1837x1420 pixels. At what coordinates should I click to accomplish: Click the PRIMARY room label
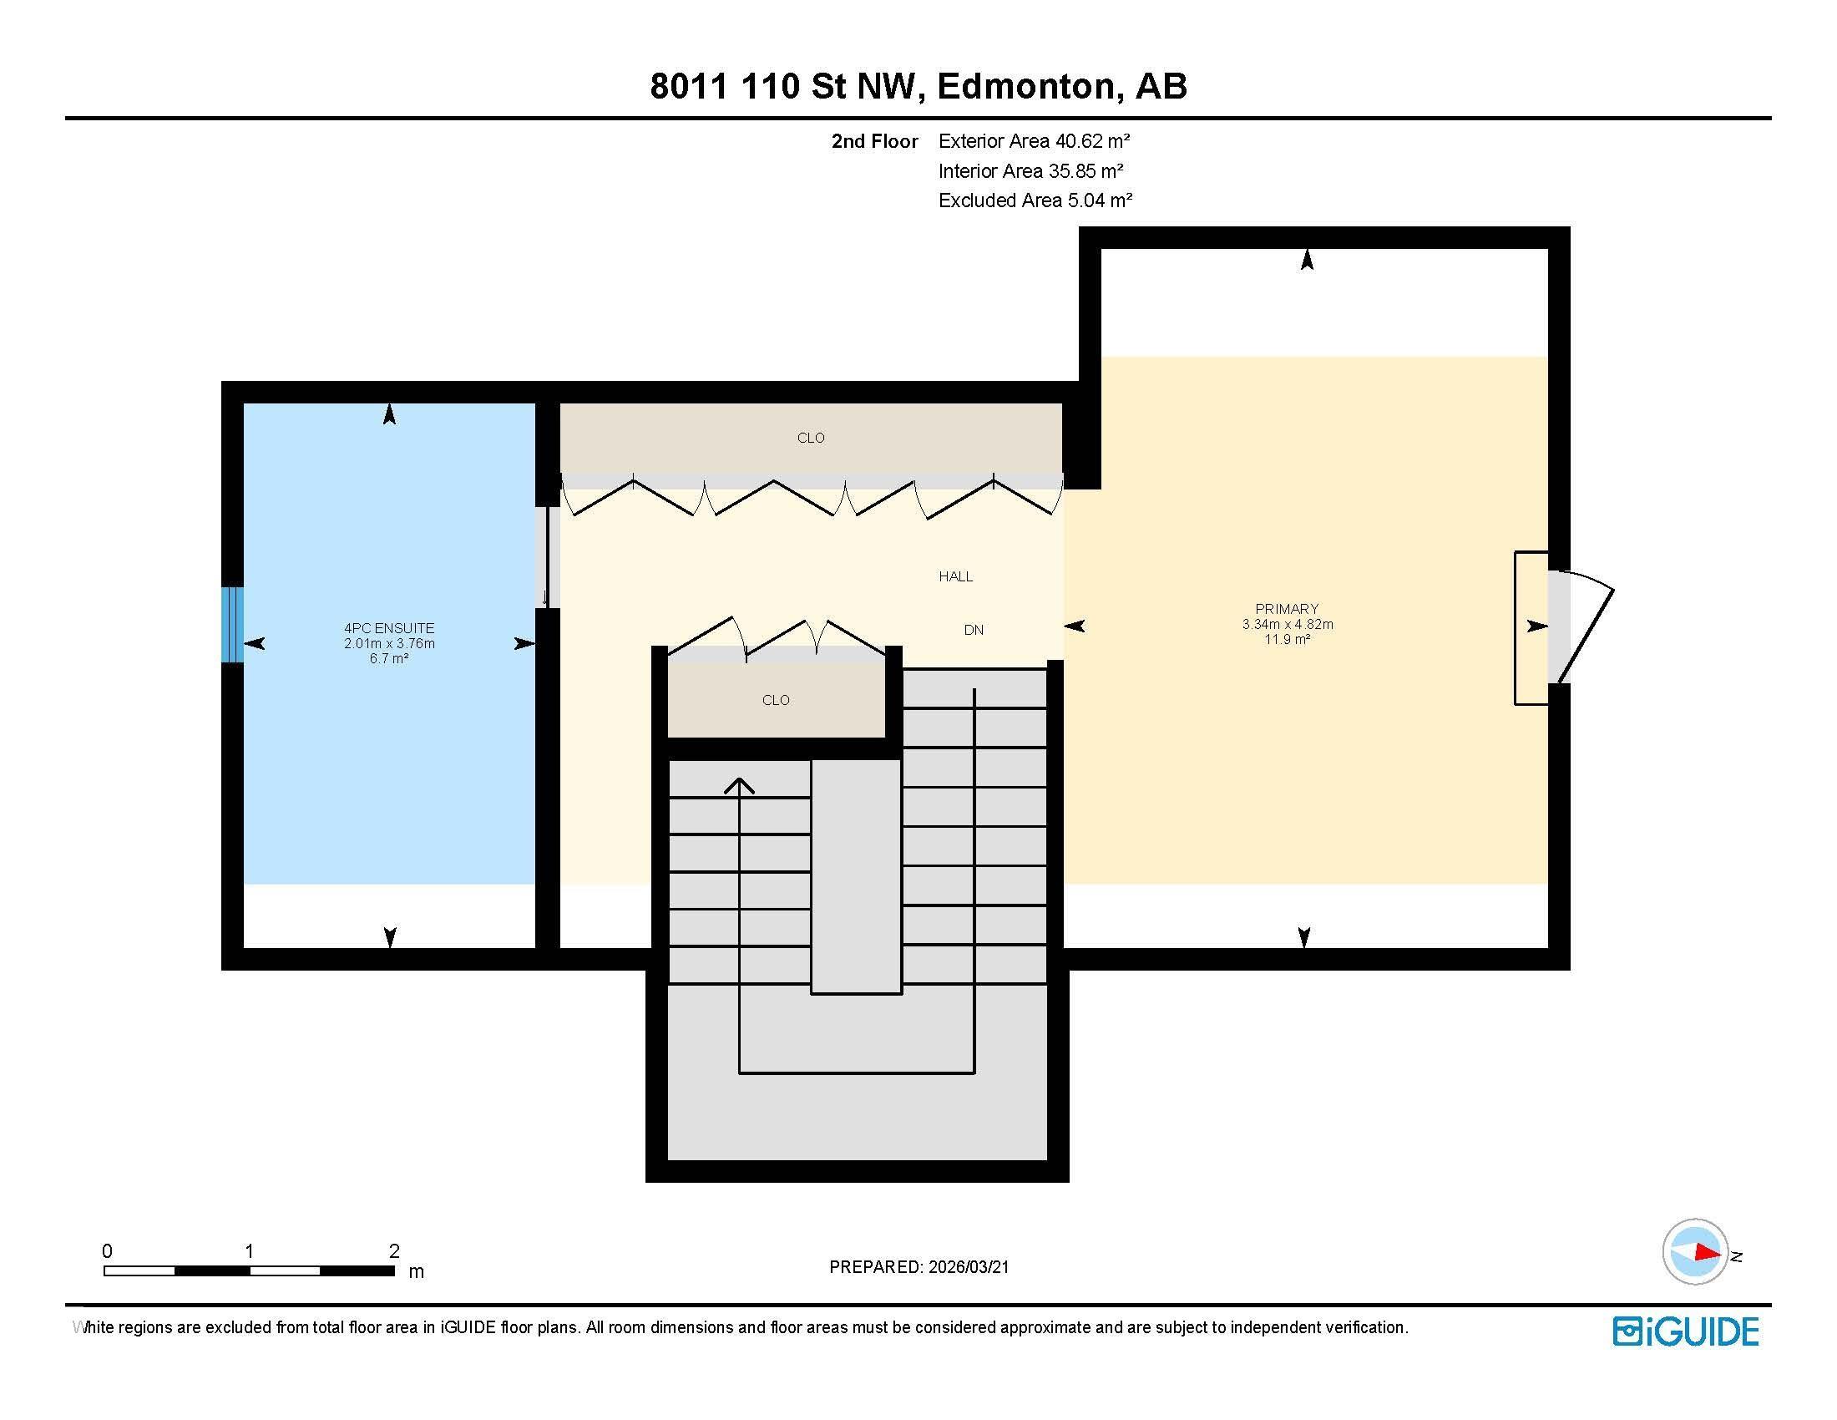pyautogui.click(x=1287, y=608)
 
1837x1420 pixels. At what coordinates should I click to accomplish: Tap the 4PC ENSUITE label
pyautogui.click(x=388, y=627)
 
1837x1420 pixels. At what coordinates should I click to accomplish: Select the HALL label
pyautogui.click(x=955, y=576)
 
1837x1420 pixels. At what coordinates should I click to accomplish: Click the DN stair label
pyautogui.click(x=973, y=630)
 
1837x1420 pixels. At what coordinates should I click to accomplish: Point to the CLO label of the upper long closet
pyautogui.click(x=811, y=438)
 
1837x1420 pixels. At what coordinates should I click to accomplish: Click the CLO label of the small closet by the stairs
pyautogui.click(x=776, y=700)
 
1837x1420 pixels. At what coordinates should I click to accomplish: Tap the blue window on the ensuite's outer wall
pyautogui.click(x=233, y=624)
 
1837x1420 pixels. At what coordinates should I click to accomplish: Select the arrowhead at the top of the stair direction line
pyautogui.click(x=739, y=786)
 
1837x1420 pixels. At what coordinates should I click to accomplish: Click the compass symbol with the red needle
pyautogui.click(x=1696, y=1252)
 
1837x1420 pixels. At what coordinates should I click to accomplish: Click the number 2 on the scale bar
pyautogui.click(x=393, y=1251)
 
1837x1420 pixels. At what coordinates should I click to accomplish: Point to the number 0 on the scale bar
pyautogui.click(x=107, y=1251)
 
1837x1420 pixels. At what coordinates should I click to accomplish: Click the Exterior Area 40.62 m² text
pyautogui.click(x=1034, y=141)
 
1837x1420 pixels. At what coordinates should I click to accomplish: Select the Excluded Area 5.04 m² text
pyautogui.click(x=1035, y=200)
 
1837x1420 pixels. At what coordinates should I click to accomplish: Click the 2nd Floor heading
pyautogui.click(x=874, y=141)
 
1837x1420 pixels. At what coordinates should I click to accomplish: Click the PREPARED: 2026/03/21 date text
pyautogui.click(x=918, y=1267)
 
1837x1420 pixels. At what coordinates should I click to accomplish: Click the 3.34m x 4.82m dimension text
pyautogui.click(x=1287, y=624)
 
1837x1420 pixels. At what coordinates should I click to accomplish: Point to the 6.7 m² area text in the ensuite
pyautogui.click(x=388, y=659)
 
